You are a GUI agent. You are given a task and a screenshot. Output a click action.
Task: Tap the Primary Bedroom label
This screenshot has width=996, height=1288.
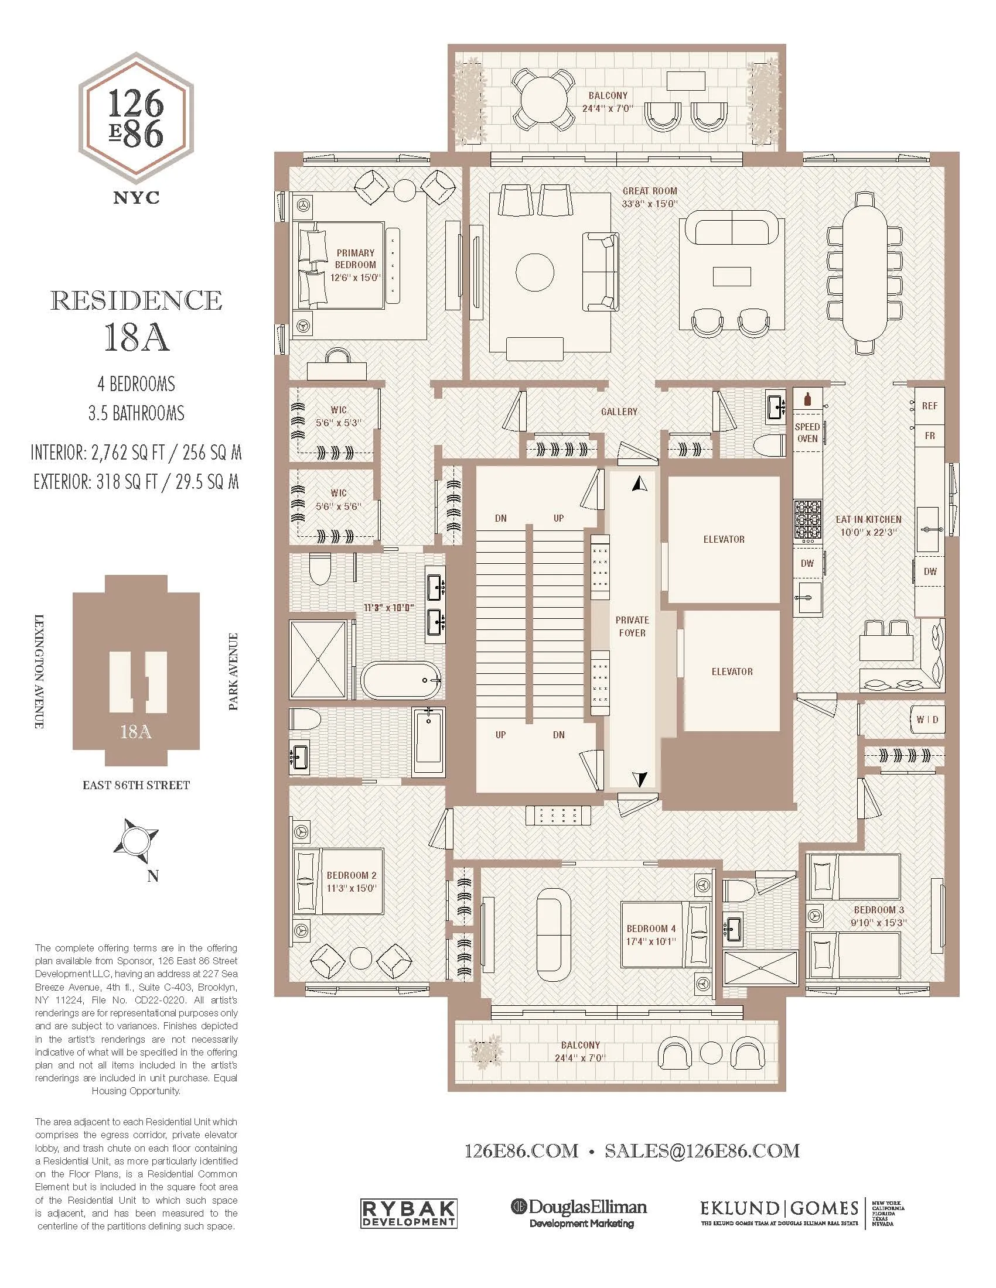point(355,259)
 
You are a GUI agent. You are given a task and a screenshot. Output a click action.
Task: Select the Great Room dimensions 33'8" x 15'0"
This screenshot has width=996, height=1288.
point(650,204)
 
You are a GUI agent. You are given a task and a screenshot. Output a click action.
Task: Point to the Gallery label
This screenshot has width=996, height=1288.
point(619,412)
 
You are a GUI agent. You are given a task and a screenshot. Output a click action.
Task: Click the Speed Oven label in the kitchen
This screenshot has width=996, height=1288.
point(807,432)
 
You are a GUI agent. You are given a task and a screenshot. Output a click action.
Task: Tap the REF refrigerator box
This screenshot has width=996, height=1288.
point(929,406)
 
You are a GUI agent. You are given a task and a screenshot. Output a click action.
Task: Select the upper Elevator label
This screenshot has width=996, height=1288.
point(724,539)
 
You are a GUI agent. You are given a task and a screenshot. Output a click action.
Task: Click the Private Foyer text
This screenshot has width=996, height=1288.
point(632,626)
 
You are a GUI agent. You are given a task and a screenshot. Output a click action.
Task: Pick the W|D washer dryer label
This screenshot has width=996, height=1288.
point(927,720)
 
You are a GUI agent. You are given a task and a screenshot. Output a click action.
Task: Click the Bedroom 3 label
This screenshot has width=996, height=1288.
point(879,910)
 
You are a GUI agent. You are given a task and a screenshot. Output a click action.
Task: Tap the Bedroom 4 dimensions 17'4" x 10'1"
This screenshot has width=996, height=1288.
point(651,941)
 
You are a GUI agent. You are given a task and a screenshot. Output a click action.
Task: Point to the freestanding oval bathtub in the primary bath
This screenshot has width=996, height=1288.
point(401,680)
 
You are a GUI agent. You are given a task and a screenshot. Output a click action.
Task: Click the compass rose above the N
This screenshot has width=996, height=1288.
point(137,838)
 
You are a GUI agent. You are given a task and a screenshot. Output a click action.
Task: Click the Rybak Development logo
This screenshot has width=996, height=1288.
point(409,1214)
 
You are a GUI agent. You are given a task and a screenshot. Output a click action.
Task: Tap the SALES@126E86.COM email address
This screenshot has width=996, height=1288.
point(701,1150)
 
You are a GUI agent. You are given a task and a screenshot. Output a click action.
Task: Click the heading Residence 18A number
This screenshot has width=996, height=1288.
point(137,338)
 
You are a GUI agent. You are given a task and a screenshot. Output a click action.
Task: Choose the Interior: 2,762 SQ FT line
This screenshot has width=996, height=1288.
point(137,453)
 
